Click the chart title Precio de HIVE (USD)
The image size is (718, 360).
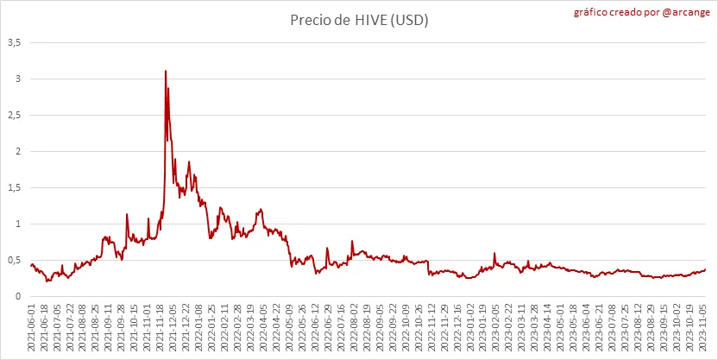coord(359,20)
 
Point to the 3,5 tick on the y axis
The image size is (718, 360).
coord(15,42)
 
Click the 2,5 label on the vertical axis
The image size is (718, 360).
coord(15,115)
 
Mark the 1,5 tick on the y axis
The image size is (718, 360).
coord(15,187)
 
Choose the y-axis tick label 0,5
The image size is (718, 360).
coord(15,260)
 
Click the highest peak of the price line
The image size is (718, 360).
coord(165,71)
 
